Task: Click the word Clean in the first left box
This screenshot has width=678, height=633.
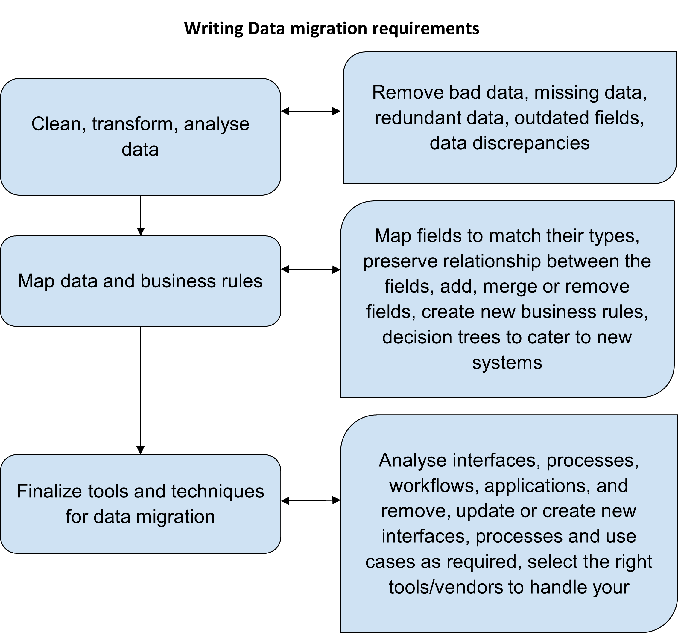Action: (56, 124)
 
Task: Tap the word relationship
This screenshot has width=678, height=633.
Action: (492, 261)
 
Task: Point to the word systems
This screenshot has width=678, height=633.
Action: (507, 362)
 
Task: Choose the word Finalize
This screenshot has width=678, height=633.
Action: (49, 492)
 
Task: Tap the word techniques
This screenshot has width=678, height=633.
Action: (218, 492)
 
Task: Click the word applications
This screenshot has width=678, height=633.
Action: (537, 486)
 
